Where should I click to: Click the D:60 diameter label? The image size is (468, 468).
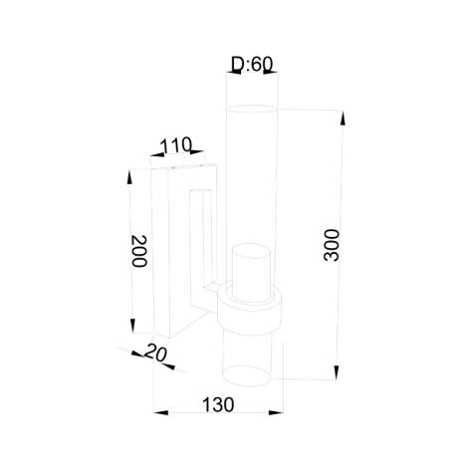251,66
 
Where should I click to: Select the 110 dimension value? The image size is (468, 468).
175,145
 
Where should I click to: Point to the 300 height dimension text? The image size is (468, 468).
333,245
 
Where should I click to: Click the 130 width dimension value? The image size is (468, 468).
217,405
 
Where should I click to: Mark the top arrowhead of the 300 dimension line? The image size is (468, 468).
343,117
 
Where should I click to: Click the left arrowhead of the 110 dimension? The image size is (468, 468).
154,156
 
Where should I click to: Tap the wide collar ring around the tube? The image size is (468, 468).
251,308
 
